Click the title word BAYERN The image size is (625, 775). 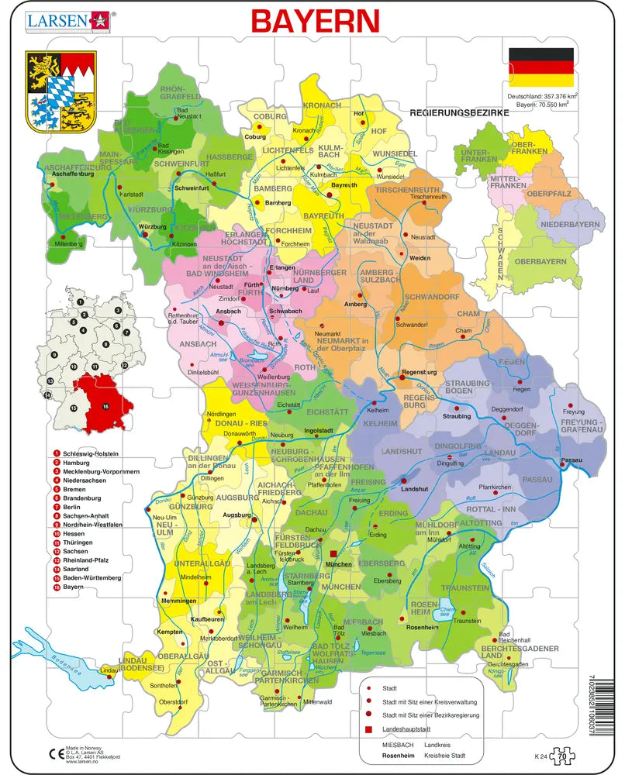[315, 21]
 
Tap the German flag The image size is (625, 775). [540, 67]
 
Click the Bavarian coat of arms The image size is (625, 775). [60, 91]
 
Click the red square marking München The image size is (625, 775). [334, 554]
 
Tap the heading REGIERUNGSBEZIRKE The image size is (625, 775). [459, 112]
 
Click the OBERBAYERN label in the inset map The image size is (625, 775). [541, 261]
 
